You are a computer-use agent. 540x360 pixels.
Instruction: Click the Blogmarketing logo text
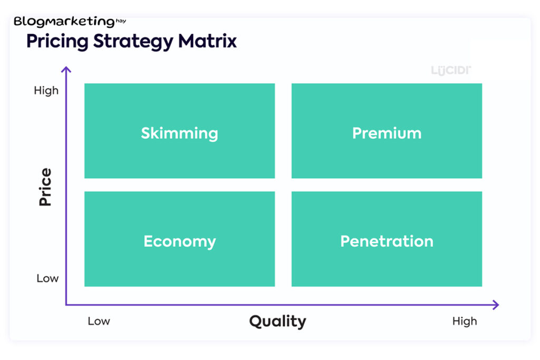click(64, 22)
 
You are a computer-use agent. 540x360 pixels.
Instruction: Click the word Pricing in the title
click(57, 42)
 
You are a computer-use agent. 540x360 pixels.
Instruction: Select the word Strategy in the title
click(133, 42)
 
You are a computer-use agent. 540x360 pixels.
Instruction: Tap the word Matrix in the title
click(207, 41)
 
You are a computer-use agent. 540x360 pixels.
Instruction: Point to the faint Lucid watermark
click(451, 71)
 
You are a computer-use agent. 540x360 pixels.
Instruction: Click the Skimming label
click(179, 133)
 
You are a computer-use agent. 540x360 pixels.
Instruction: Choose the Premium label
click(387, 133)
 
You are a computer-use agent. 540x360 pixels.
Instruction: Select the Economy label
click(180, 241)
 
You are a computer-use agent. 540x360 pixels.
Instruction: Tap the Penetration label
click(387, 241)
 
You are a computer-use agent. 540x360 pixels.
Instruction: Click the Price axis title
click(45, 187)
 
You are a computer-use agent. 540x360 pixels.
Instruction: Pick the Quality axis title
click(277, 322)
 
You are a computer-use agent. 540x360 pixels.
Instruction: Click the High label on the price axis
click(46, 91)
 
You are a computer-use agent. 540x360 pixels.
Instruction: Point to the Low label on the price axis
click(47, 278)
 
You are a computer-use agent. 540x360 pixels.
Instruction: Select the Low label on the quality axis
click(99, 321)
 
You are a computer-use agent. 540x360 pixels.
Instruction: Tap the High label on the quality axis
click(465, 321)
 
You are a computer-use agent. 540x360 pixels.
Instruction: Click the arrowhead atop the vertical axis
click(66, 69)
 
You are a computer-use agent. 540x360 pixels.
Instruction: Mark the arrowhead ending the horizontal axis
click(496, 305)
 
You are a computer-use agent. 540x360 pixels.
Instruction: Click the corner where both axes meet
click(66, 305)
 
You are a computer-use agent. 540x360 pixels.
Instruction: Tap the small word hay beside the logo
click(121, 21)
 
